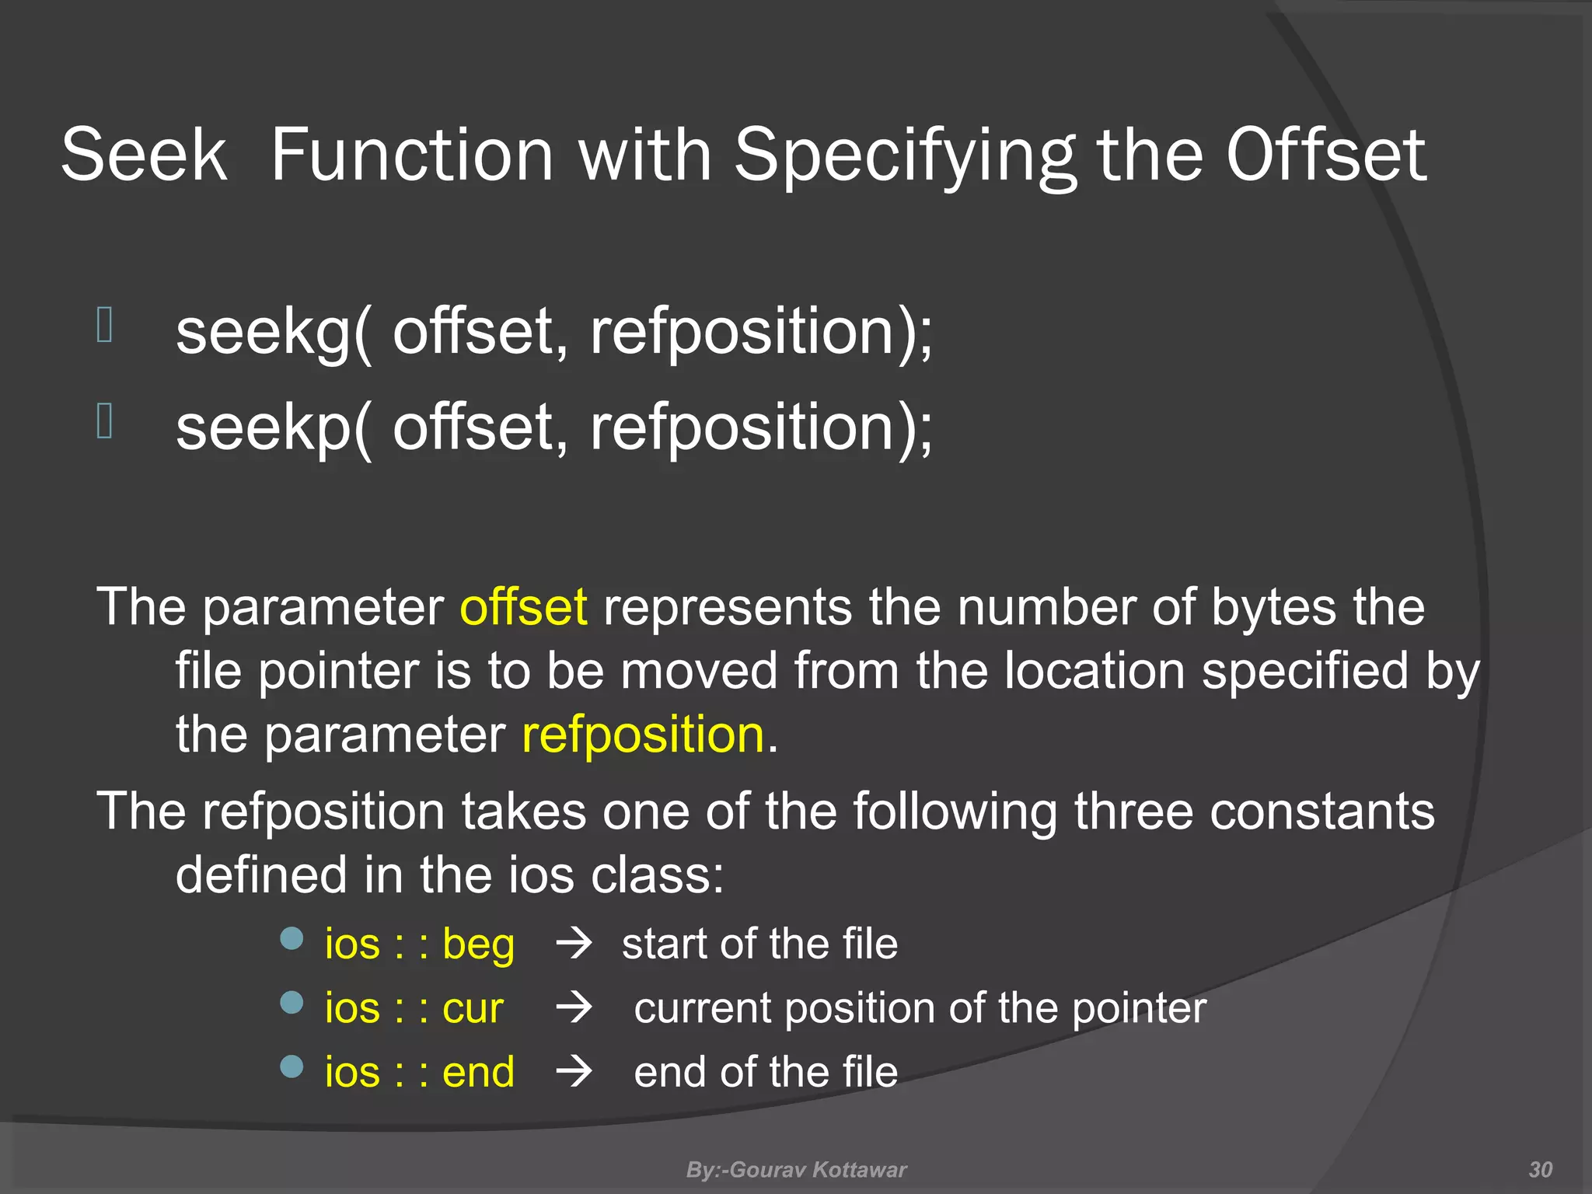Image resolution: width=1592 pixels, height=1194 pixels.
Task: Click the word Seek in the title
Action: click(144, 155)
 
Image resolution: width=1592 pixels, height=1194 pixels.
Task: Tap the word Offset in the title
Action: click(1325, 155)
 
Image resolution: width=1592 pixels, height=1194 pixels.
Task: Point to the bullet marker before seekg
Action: click(105, 325)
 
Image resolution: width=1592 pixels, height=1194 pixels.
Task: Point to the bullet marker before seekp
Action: click(105, 421)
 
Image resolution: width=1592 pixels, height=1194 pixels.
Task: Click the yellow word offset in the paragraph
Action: click(523, 607)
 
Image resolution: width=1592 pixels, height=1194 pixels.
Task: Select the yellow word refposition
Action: click(643, 735)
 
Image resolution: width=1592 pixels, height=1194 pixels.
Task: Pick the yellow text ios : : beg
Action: click(420, 944)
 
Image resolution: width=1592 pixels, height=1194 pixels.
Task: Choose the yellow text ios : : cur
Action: click(414, 1008)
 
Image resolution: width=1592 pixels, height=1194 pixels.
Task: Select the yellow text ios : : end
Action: click(420, 1072)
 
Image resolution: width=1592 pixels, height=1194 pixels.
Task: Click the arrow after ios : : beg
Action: click(574, 944)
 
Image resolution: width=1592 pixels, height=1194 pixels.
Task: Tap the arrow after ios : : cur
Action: click(574, 1008)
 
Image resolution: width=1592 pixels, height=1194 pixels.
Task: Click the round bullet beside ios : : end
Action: click(292, 1067)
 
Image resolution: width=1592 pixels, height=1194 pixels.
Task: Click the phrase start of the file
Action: click(759, 944)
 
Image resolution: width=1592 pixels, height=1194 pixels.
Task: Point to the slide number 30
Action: click(1540, 1169)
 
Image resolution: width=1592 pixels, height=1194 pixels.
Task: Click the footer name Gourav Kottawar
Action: click(818, 1169)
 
